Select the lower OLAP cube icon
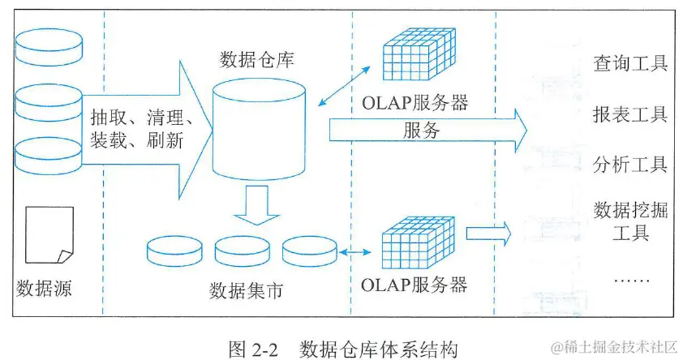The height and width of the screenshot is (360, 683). point(419,242)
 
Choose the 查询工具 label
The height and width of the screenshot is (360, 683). point(630,63)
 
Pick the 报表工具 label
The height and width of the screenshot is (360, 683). point(630,114)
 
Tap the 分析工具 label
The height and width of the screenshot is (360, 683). point(630,165)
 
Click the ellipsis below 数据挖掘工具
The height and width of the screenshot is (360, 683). point(629,279)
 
